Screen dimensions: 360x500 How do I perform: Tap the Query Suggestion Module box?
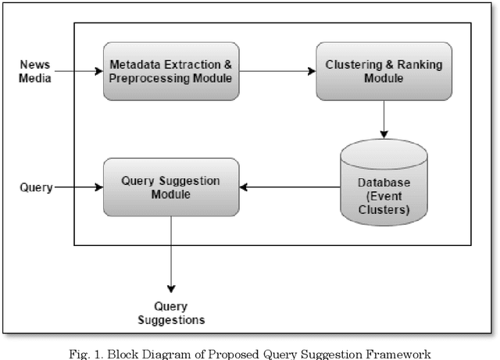click(x=170, y=187)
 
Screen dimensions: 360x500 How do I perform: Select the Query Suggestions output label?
click(x=171, y=313)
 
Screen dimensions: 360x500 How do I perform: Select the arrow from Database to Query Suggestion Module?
click(x=289, y=187)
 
